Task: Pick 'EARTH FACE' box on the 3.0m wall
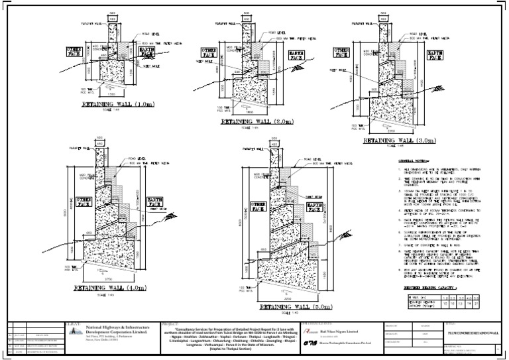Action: coord(435,55)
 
